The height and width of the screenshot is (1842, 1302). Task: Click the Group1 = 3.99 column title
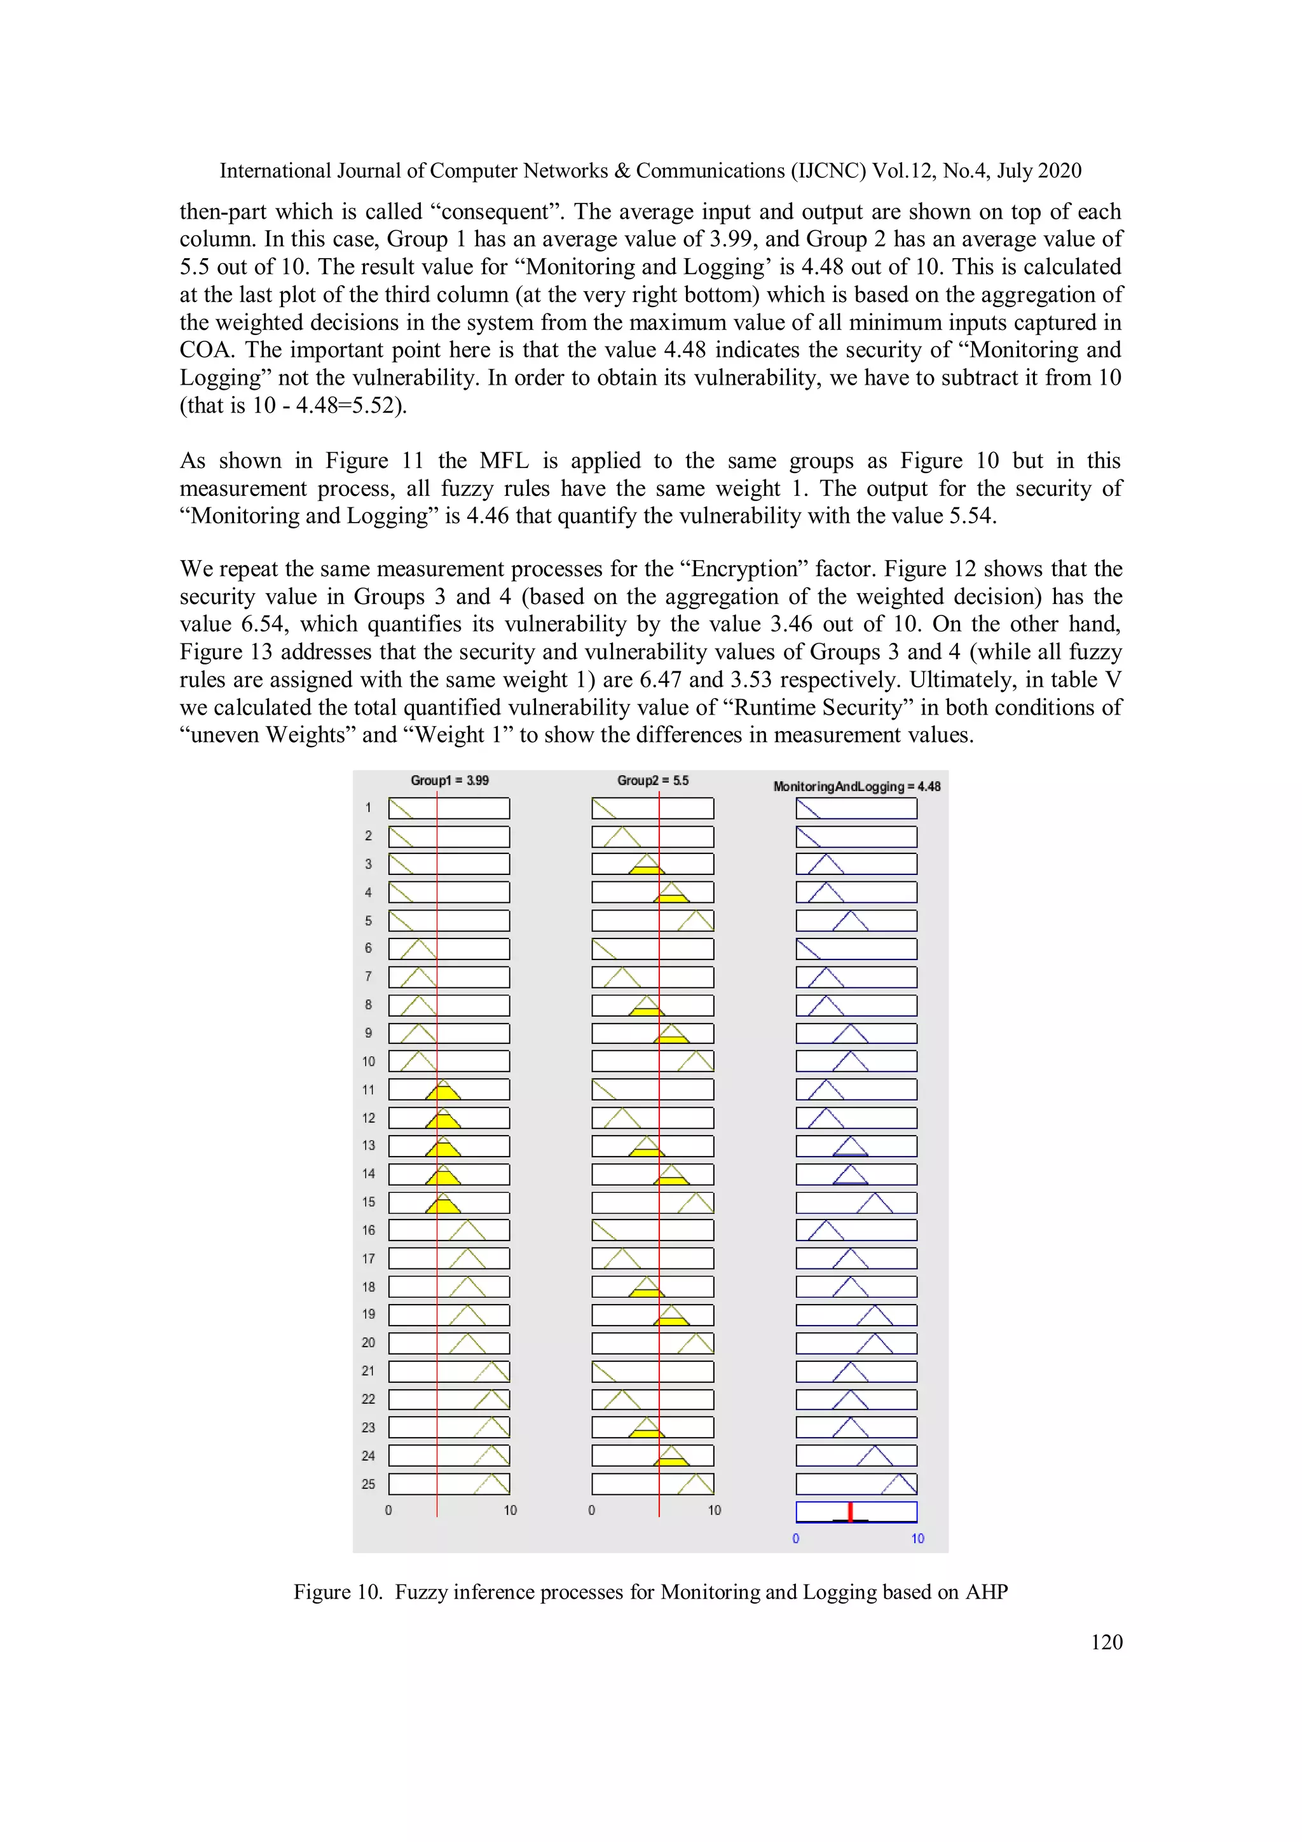(x=449, y=780)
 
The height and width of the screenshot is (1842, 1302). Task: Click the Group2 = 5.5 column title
(x=652, y=780)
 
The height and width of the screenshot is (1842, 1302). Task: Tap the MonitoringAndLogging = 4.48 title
(x=856, y=787)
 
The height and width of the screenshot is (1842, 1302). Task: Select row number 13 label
(x=368, y=1146)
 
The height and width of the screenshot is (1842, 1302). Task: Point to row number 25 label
(x=368, y=1484)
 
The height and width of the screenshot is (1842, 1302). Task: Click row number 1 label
(x=368, y=808)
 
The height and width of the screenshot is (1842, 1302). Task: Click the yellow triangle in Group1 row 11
(x=443, y=1092)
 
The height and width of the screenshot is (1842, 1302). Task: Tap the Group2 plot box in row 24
(x=652, y=1455)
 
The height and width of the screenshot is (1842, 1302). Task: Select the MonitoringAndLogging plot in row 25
(x=856, y=1484)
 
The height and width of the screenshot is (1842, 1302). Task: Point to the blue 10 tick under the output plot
(x=917, y=1539)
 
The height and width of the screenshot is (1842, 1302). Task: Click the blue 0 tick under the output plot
(x=796, y=1539)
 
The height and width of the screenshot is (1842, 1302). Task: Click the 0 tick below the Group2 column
(x=592, y=1511)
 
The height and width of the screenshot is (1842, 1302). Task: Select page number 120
(x=1106, y=1642)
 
